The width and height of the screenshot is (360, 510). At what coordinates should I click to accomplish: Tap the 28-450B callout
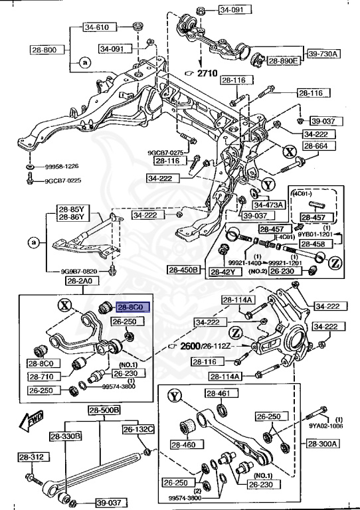(x=183, y=270)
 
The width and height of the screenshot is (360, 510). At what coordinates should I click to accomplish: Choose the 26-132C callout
(x=137, y=430)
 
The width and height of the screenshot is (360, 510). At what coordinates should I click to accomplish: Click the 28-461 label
(x=218, y=394)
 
